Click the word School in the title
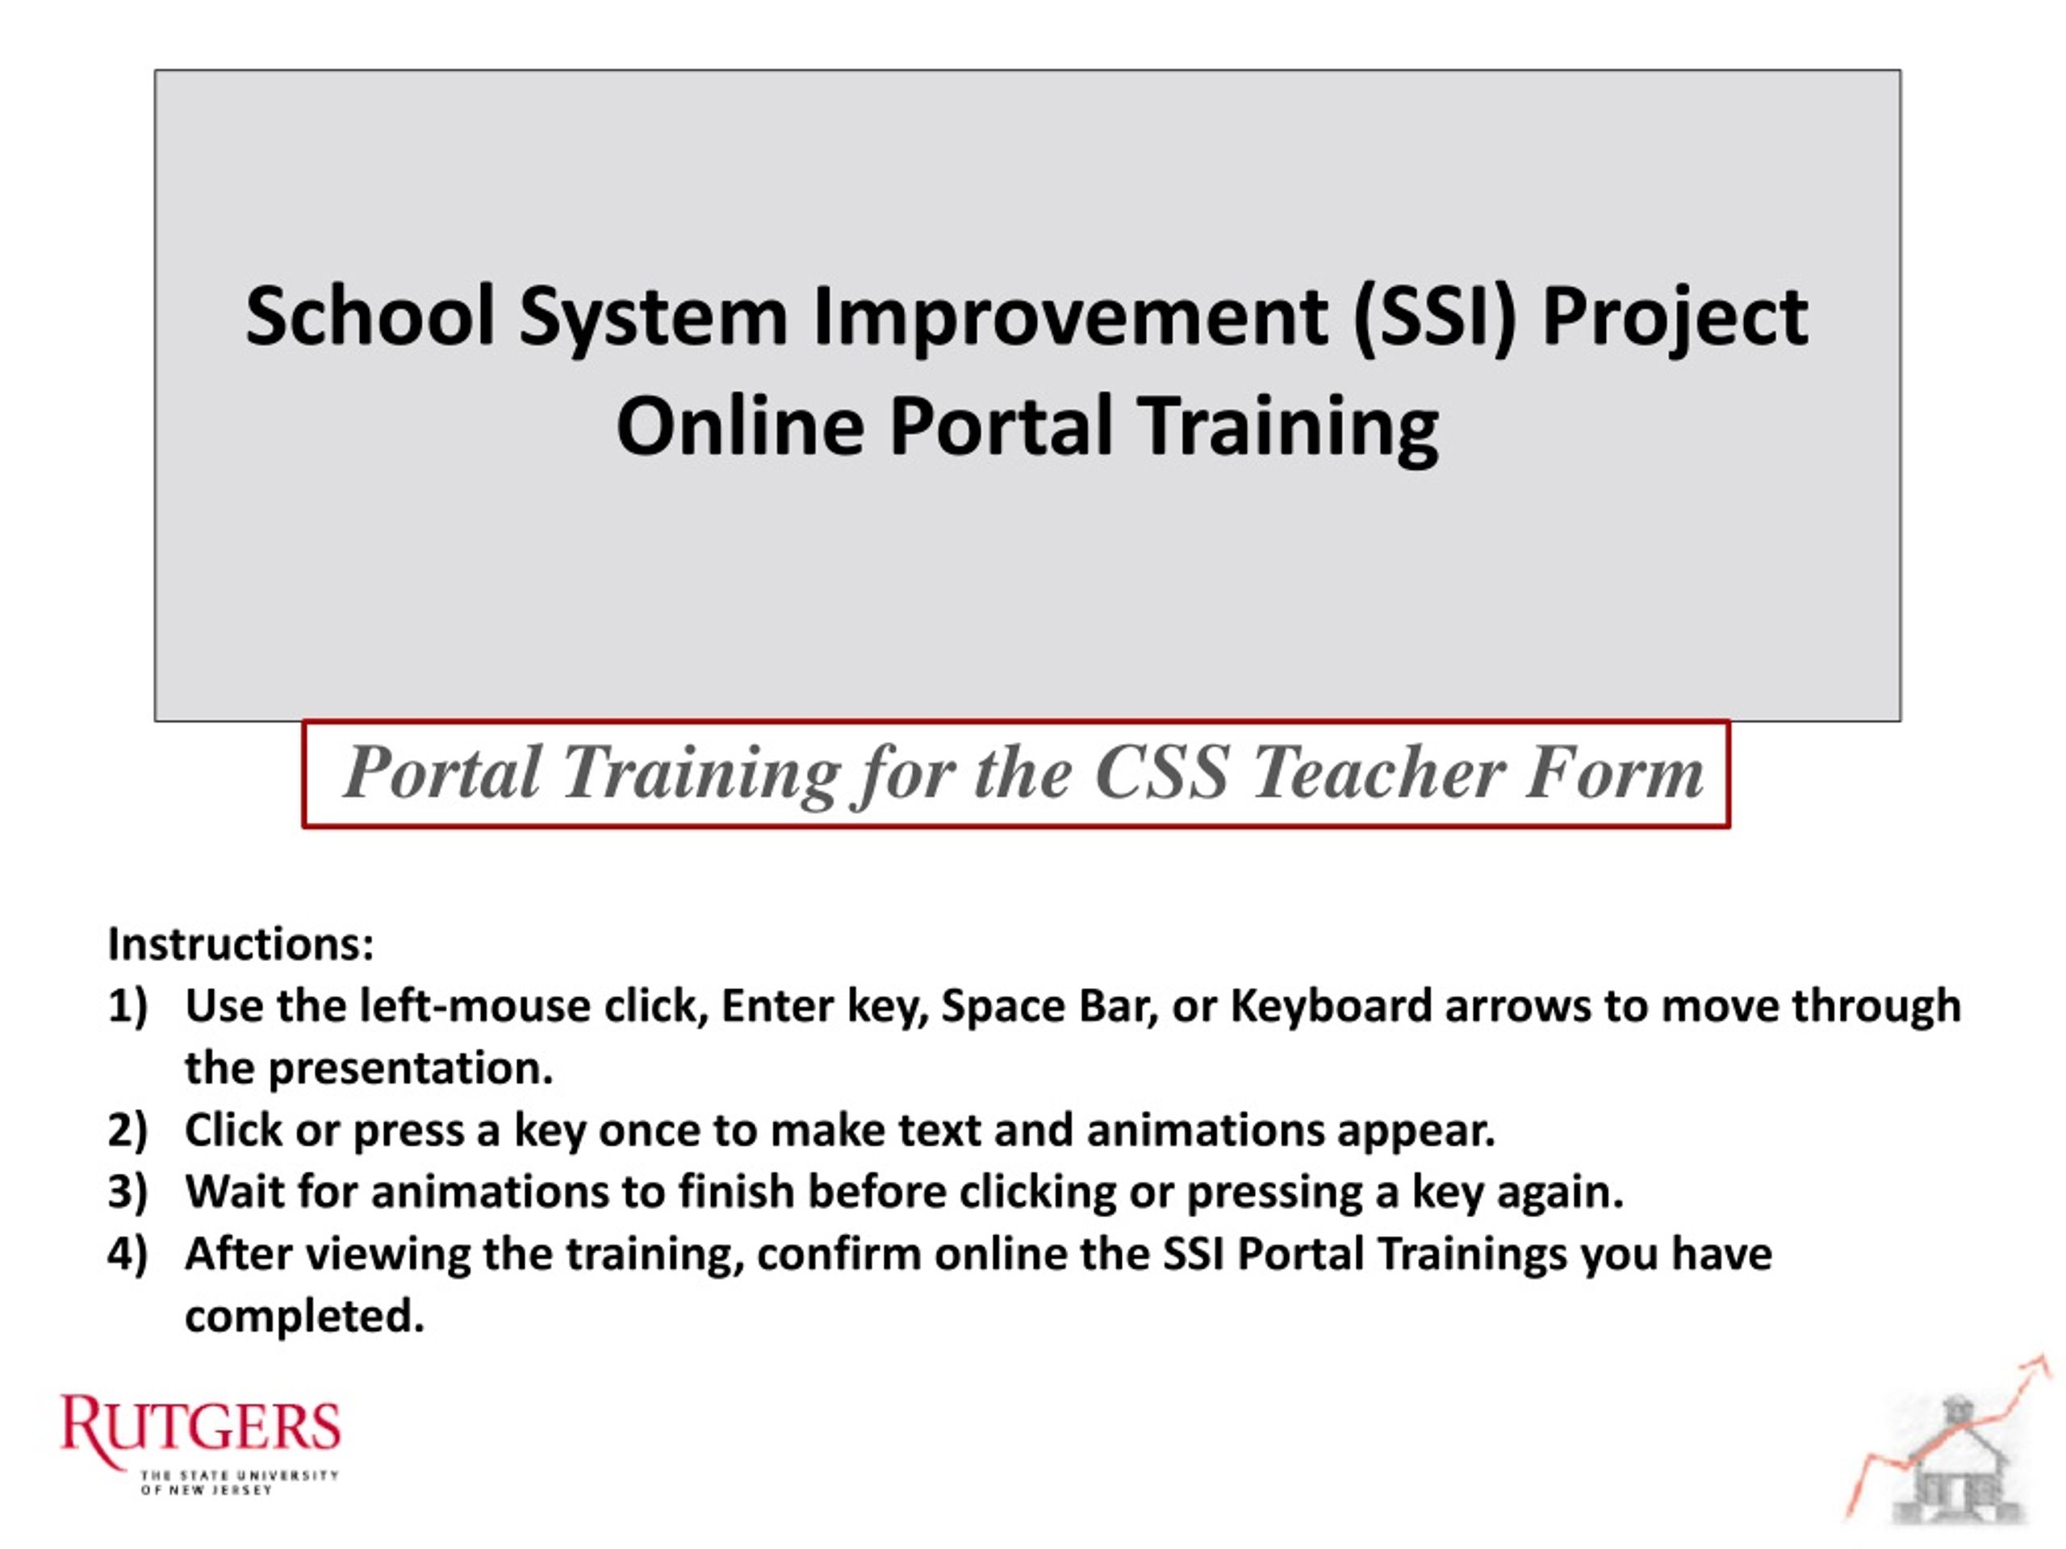coord(370,316)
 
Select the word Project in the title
coord(1675,319)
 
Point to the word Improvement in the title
coord(1070,319)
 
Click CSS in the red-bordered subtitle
coord(1161,773)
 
